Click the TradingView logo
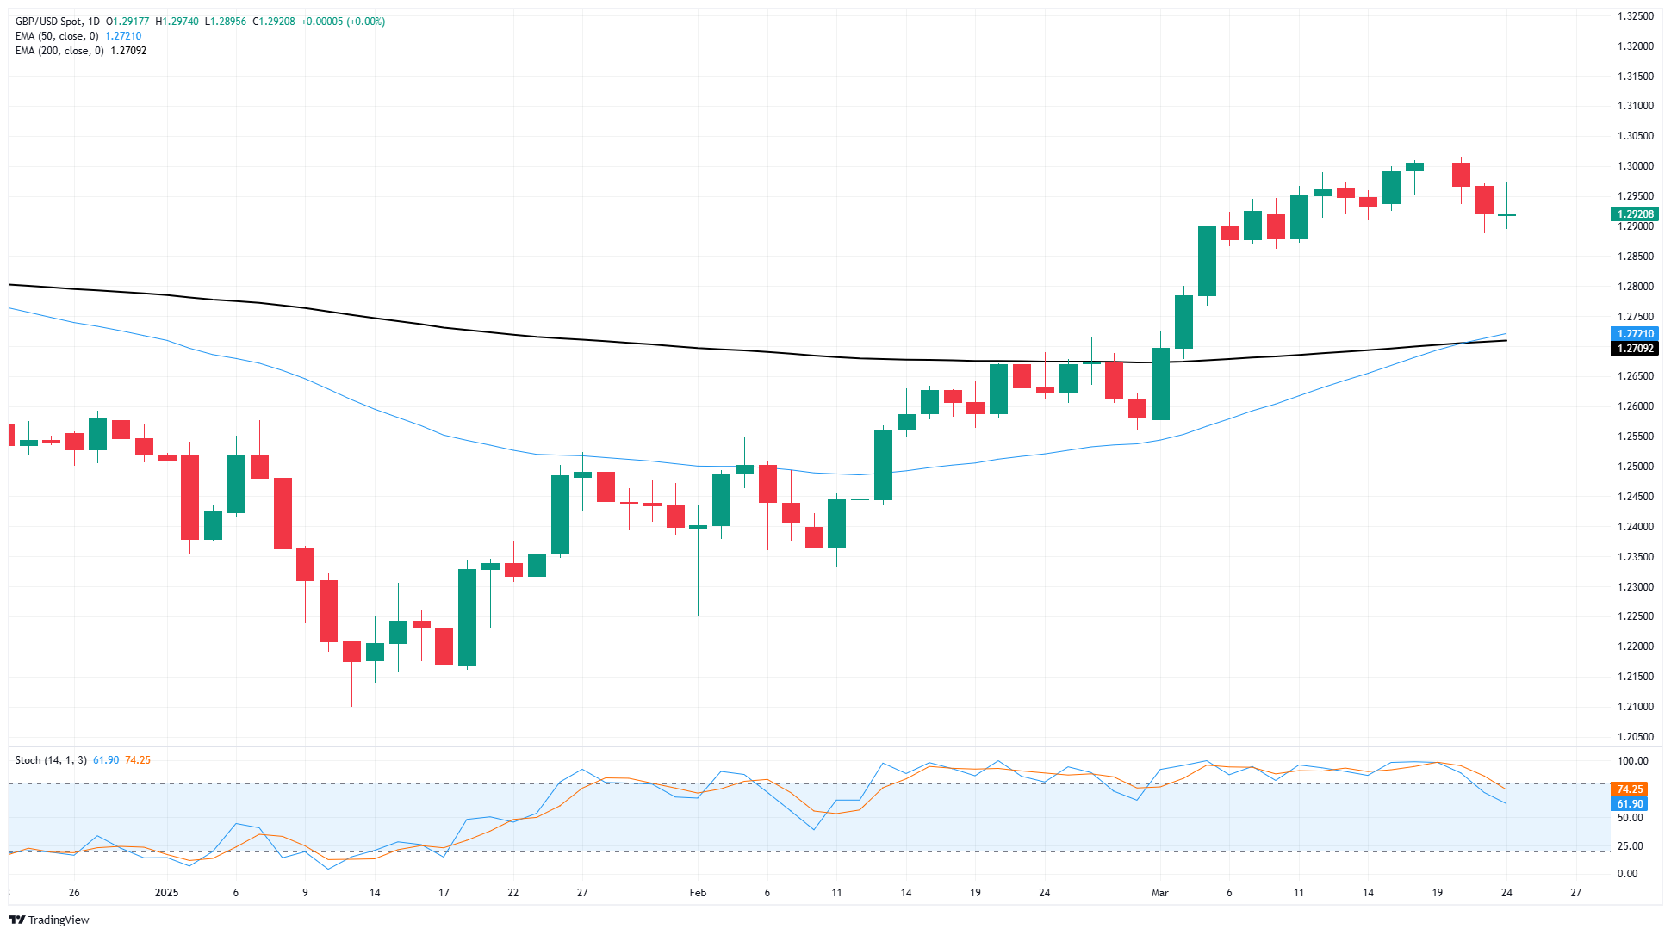(x=49, y=920)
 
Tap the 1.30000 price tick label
(x=1635, y=166)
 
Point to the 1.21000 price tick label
(x=1635, y=707)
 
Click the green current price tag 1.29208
(x=1634, y=214)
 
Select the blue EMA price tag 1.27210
(x=1634, y=334)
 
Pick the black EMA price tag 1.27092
(x=1634, y=349)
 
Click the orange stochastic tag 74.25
(x=1630, y=789)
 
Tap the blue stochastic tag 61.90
(x=1630, y=804)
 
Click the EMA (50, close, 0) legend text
(x=57, y=36)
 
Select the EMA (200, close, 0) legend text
(x=59, y=51)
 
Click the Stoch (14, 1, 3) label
(x=51, y=760)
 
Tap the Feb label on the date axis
(x=698, y=893)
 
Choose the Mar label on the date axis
(x=1159, y=893)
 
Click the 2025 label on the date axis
(x=166, y=893)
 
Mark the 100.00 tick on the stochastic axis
(x=1632, y=761)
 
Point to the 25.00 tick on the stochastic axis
(x=1629, y=846)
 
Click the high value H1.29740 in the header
(x=177, y=22)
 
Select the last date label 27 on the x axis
(x=1575, y=893)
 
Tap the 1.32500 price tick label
(x=1635, y=16)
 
